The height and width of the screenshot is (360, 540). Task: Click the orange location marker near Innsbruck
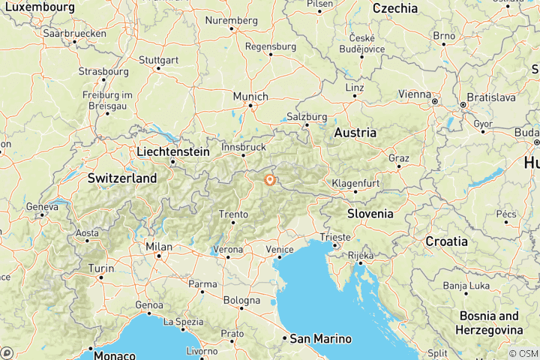pyautogui.click(x=269, y=179)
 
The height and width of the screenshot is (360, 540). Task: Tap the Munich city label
pyautogui.click(x=250, y=97)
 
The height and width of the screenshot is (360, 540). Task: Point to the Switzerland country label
pyautogui.click(x=122, y=178)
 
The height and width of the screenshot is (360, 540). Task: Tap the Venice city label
pyautogui.click(x=279, y=248)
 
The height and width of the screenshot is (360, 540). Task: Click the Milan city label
pyautogui.click(x=159, y=247)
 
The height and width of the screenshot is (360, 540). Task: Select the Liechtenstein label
pyautogui.click(x=173, y=151)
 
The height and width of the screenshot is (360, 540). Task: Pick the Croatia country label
pyautogui.click(x=446, y=241)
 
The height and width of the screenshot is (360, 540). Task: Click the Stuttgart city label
pyautogui.click(x=158, y=59)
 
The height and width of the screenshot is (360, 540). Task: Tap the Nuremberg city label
pyautogui.click(x=231, y=20)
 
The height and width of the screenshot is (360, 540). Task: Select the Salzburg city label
pyautogui.click(x=307, y=117)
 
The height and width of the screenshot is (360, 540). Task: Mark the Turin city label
pyautogui.click(x=101, y=268)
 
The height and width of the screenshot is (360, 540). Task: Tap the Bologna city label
pyautogui.click(x=242, y=301)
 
